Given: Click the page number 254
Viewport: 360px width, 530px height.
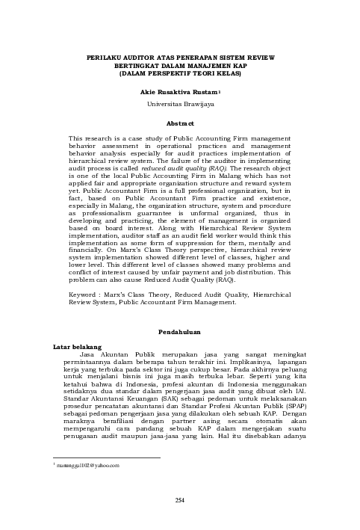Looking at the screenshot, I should coord(179,499).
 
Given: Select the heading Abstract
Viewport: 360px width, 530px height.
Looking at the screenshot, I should coord(179,123).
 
